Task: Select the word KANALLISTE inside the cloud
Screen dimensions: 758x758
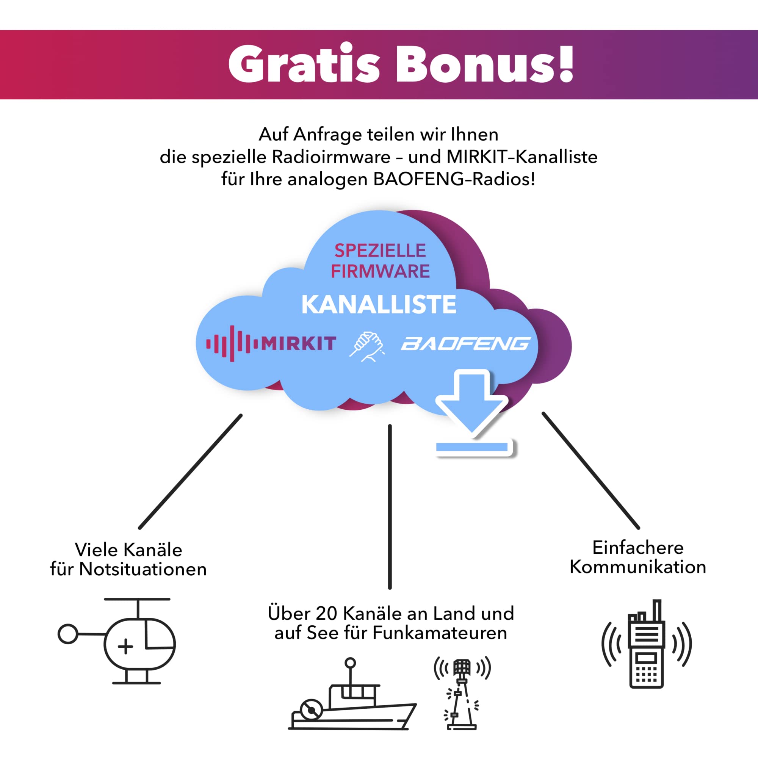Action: [379, 305]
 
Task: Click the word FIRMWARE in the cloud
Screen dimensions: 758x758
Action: [380, 271]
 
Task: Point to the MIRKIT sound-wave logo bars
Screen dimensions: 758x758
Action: [232, 344]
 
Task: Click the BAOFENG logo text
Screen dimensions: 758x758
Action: [465, 344]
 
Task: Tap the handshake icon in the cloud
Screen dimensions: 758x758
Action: [367, 346]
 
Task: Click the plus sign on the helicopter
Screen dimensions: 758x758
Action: [125, 646]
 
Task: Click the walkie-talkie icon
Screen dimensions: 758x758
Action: [646, 644]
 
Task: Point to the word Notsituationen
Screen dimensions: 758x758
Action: [143, 569]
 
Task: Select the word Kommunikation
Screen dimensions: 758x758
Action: [638, 567]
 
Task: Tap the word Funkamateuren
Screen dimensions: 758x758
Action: [439, 633]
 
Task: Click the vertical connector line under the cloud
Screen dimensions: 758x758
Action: [390, 506]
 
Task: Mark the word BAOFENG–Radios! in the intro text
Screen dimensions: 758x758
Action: [454, 179]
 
